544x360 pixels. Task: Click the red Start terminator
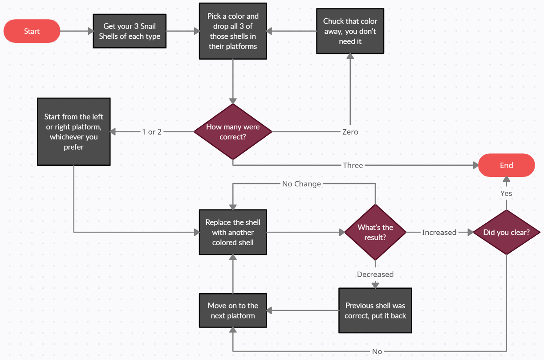(x=32, y=31)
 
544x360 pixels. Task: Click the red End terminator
(x=506, y=165)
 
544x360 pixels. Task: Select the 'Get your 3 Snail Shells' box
(x=130, y=31)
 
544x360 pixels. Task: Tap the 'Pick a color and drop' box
(x=233, y=31)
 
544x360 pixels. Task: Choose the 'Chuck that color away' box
(x=350, y=31)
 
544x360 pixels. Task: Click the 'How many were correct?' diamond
(x=233, y=132)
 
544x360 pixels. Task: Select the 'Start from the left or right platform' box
(x=74, y=132)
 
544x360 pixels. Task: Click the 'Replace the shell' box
(x=233, y=232)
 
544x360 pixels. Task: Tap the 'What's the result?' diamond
(x=375, y=232)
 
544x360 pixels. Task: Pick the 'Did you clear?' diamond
(x=506, y=232)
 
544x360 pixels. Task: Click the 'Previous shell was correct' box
(x=375, y=311)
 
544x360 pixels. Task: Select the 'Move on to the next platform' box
(x=233, y=311)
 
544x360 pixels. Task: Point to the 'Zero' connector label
(x=350, y=132)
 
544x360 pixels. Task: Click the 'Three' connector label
(x=353, y=165)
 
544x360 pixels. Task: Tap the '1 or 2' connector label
(x=152, y=132)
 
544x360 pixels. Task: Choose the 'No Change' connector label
(x=301, y=184)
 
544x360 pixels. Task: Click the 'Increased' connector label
(x=439, y=232)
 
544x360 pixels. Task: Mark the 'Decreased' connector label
(x=375, y=274)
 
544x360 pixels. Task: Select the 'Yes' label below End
(x=506, y=193)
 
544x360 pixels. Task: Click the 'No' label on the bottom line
(x=377, y=352)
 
